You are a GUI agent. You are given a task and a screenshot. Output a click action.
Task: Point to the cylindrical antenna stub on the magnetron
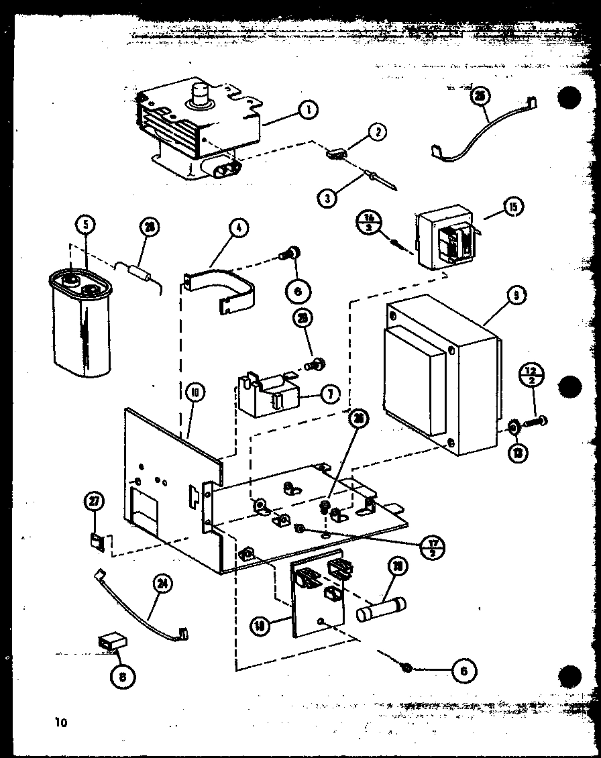(x=200, y=93)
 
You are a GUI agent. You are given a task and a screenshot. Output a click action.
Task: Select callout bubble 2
(x=377, y=132)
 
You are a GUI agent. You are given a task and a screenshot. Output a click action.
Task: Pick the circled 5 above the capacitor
(x=85, y=225)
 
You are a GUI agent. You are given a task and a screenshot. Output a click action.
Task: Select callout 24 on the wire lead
(x=161, y=584)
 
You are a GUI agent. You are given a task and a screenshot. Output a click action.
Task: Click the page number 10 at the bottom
(x=62, y=722)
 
